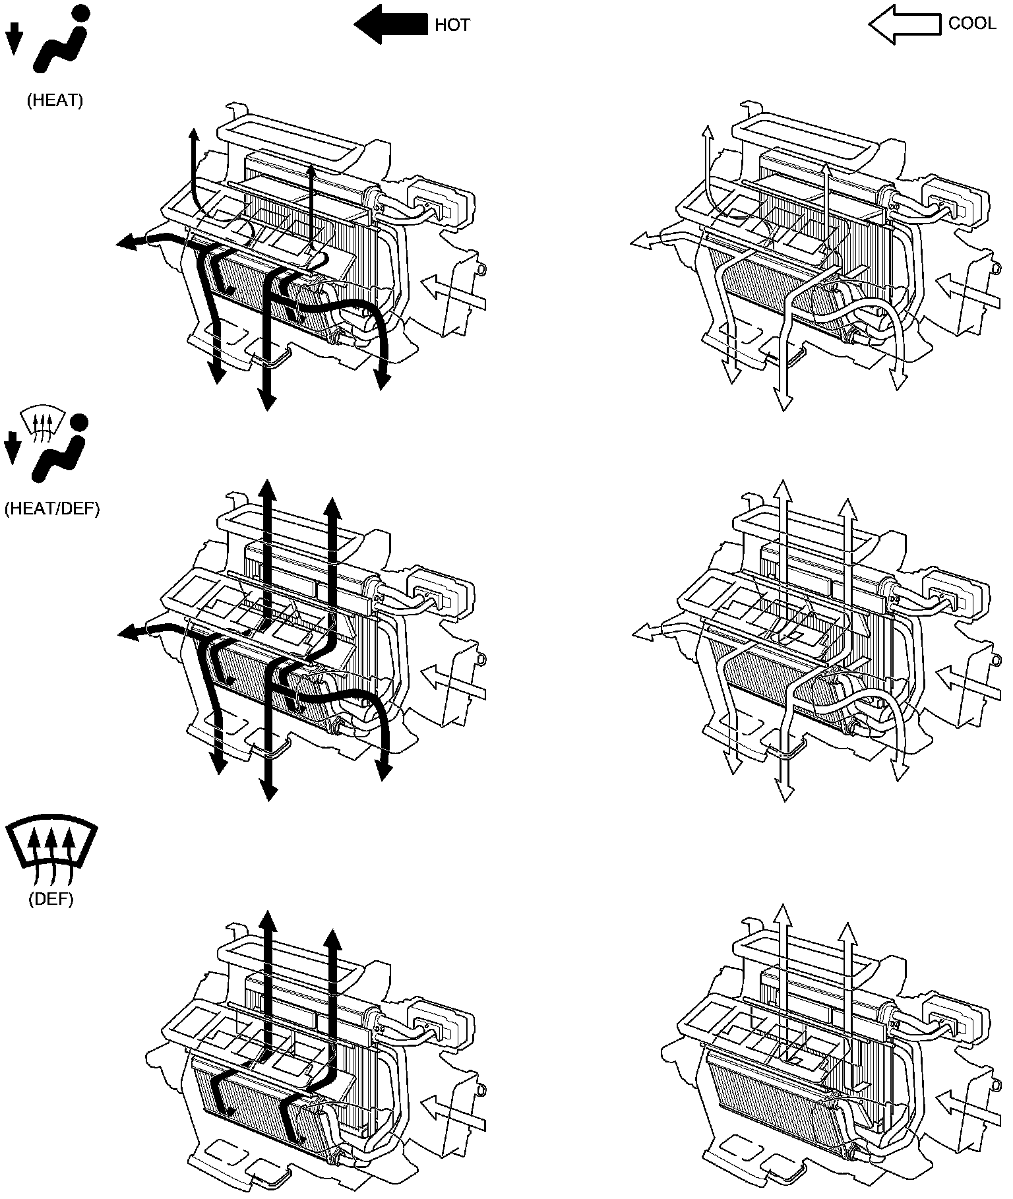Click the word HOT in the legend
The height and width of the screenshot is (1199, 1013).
click(452, 25)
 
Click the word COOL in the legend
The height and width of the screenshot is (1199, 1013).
click(971, 24)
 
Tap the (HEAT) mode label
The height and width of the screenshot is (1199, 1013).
click(55, 101)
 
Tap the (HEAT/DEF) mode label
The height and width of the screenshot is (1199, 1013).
click(52, 510)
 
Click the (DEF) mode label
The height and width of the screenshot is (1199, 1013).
click(51, 900)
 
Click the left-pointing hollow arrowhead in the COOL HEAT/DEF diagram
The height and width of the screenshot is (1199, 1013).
click(642, 634)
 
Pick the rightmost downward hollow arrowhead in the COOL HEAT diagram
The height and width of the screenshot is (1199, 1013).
click(898, 381)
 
